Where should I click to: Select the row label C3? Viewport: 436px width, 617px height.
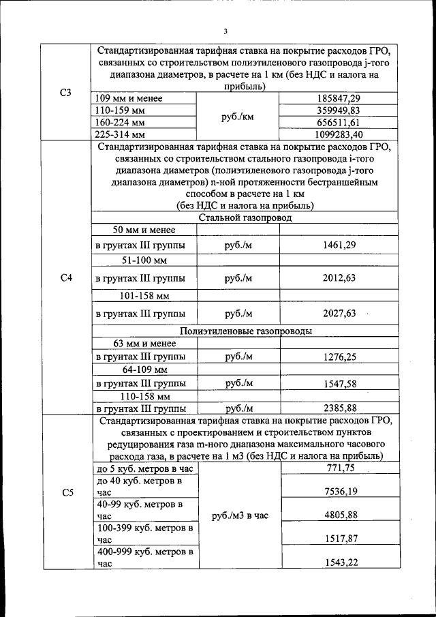point(66,92)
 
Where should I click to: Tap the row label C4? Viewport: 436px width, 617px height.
point(66,278)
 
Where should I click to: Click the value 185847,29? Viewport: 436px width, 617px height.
point(339,98)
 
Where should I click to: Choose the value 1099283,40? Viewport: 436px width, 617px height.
point(339,134)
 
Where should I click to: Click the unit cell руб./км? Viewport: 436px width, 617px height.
point(238,117)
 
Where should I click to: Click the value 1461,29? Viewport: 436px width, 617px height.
point(339,245)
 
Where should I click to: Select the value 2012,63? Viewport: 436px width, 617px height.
point(339,278)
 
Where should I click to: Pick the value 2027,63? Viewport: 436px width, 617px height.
point(339,313)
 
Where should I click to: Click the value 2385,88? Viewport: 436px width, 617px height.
point(339,408)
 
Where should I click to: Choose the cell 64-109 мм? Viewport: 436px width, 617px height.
point(144,370)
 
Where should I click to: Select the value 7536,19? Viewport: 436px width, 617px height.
point(339,491)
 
